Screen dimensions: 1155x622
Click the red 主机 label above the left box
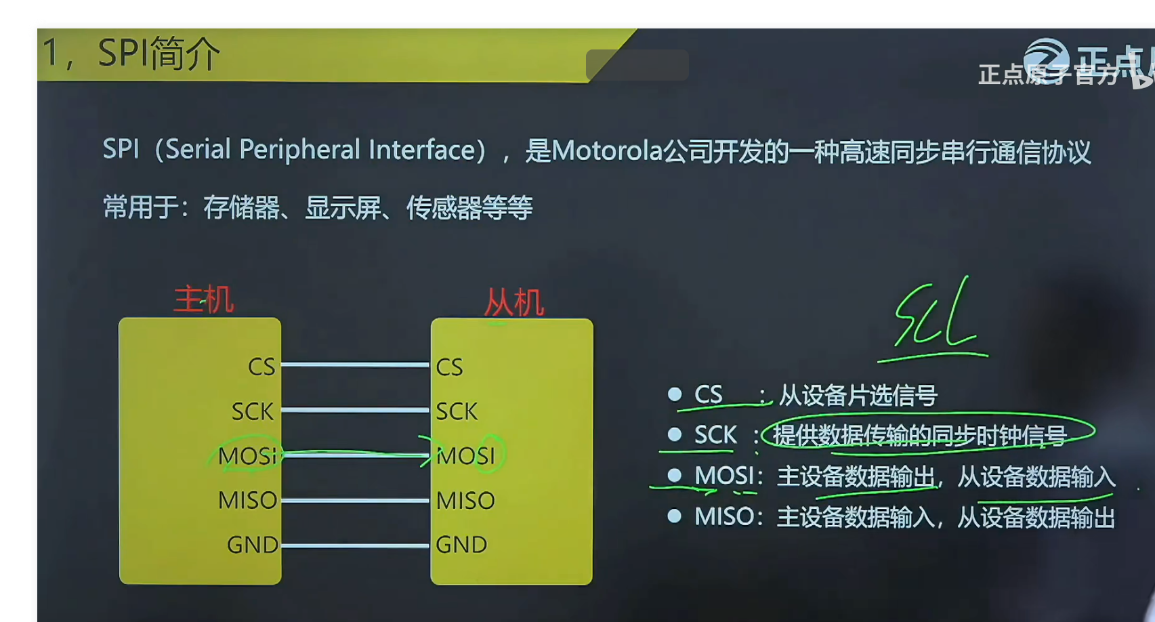203,299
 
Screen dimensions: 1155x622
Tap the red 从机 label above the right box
513,302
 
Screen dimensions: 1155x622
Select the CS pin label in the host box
261,367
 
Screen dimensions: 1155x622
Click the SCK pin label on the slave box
456,411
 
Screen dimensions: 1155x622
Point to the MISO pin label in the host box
247,501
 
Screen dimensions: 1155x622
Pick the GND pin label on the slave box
461,545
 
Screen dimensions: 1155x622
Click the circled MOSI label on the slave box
465,455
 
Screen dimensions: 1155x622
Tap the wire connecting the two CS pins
355,365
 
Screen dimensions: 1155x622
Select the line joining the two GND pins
355,545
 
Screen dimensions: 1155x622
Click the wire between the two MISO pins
355,501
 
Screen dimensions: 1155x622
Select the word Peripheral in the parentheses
299,150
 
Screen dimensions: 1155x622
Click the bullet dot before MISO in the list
674,516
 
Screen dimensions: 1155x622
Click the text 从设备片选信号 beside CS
858,395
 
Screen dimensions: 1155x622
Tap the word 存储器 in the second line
242,207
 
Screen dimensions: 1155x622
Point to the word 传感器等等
469,208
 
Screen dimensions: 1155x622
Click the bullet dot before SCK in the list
674,434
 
